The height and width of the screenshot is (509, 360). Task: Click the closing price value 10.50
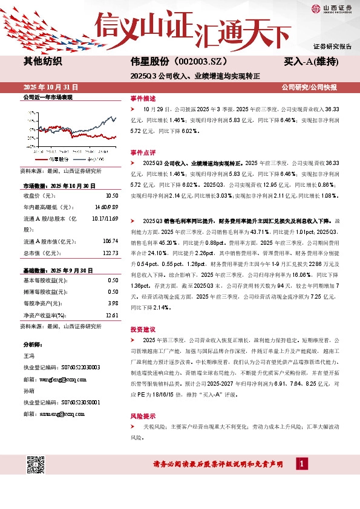pos(111,196)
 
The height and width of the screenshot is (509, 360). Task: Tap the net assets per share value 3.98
pos(113,303)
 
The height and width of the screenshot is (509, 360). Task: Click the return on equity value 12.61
pos(111,315)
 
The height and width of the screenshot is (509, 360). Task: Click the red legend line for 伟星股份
pos(42,159)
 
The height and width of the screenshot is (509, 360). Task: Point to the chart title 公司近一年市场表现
pos(47,97)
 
